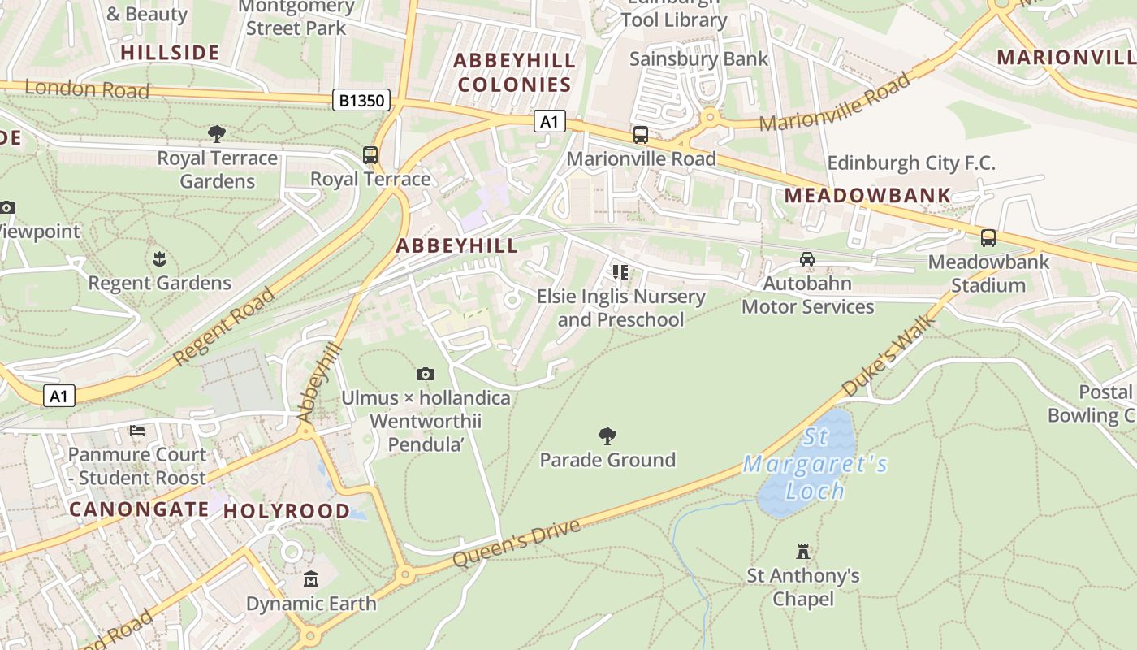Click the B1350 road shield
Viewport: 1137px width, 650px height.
[362, 101]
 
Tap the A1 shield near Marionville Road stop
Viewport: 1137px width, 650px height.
[549, 122]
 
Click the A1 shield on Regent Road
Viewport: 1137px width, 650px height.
[58, 396]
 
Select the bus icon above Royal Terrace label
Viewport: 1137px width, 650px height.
[370, 154]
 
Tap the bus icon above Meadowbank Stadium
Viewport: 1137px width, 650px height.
[988, 238]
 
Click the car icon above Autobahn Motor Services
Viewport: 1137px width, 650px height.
[806, 259]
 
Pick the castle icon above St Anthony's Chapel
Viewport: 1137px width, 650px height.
[803, 552]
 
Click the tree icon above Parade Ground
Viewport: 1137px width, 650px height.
[607, 436]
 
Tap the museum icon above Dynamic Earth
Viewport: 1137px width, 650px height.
[311, 579]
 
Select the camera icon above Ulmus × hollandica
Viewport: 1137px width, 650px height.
[425, 374]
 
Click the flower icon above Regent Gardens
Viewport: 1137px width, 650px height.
[159, 259]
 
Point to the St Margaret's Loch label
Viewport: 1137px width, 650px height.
[815, 464]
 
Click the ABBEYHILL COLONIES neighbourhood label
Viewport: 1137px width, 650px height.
[514, 72]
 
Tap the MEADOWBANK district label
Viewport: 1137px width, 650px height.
[867, 196]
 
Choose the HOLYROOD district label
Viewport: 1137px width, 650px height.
[287, 511]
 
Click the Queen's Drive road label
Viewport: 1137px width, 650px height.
[517, 543]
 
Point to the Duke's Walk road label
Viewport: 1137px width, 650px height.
[888, 355]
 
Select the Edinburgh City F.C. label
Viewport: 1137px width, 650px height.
[910, 163]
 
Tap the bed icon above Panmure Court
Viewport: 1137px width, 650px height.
[137, 430]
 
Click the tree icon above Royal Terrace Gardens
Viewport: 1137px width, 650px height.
[216, 133]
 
